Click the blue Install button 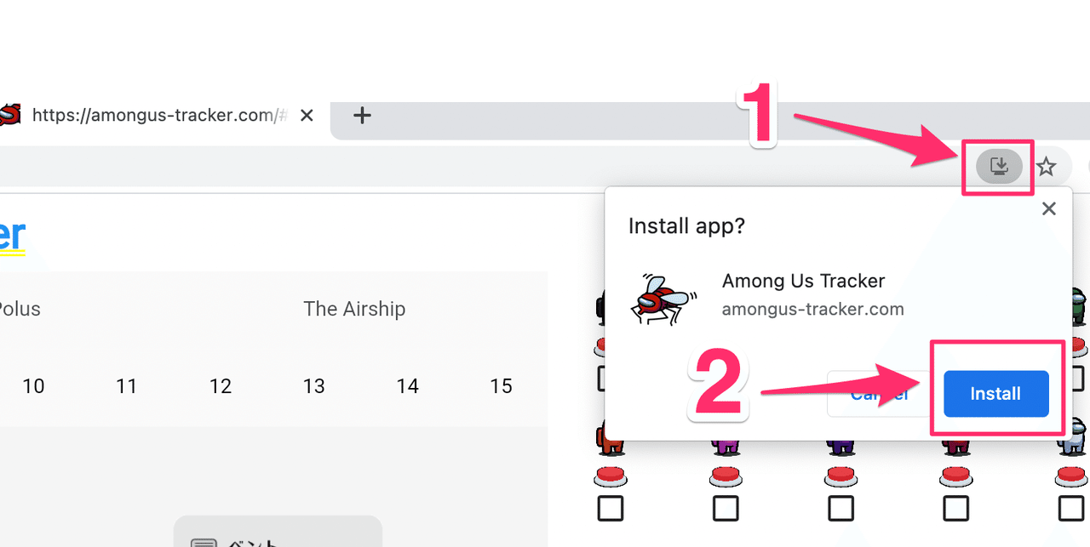pyautogui.click(x=995, y=394)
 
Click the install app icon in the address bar pyautogui.click(x=998, y=166)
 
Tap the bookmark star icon pyautogui.click(x=1047, y=167)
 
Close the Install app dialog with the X pyautogui.click(x=1049, y=208)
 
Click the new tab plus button pyautogui.click(x=362, y=115)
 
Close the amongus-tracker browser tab pyautogui.click(x=307, y=115)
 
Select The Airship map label pyautogui.click(x=354, y=309)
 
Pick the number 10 pyautogui.click(x=33, y=386)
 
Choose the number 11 pyautogui.click(x=127, y=386)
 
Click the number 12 pyautogui.click(x=221, y=386)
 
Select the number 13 pyautogui.click(x=314, y=386)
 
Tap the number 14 pyautogui.click(x=408, y=386)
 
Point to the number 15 pyautogui.click(x=502, y=386)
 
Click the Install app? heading pyautogui.click(x=686, y=226)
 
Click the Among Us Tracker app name pyautogui.click(x=803, y=281)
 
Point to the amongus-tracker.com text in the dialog pyautogui.click(x=812, y=309)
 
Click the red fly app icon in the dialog pyautogui.click(x=663, y=298)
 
